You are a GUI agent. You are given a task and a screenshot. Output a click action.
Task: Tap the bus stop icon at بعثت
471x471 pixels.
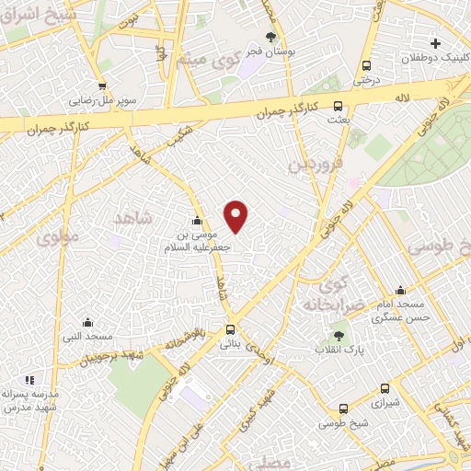tap(338, 105)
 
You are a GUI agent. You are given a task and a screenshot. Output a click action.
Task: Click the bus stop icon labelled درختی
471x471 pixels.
tap(366, 66)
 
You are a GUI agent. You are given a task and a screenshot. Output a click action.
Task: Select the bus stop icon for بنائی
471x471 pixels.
tap(230, 329)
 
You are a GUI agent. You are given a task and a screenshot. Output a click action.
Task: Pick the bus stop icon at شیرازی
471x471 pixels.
tap(343, 408)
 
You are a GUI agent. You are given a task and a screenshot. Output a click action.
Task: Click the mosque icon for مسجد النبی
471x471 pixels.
tap(87, 323)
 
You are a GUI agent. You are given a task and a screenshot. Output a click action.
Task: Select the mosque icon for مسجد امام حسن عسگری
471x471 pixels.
tap(399, 290)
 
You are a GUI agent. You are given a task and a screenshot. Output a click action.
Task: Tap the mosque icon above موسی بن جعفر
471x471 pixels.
tap(196, 221)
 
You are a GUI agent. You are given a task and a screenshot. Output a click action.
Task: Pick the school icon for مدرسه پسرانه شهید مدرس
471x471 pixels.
tap(29, 379)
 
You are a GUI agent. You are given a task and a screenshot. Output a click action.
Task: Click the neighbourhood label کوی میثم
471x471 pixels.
tap(214, 64)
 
